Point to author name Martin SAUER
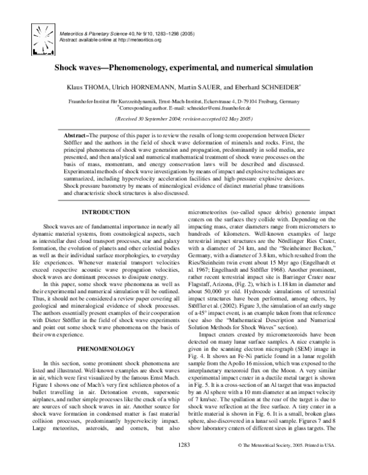click(x=200, y=88)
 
